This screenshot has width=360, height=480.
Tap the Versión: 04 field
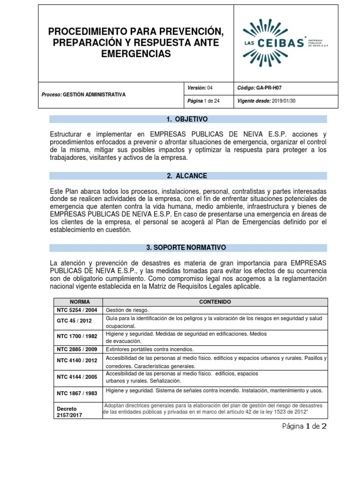pos(200,88)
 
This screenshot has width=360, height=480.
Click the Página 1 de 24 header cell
pos(203,101)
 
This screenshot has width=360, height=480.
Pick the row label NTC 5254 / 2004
pos(77,310)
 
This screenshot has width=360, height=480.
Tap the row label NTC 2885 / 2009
pos(77,349)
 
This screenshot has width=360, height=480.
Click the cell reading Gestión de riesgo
pos(127,310)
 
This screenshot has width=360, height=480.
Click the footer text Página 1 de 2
pos(304,426)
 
